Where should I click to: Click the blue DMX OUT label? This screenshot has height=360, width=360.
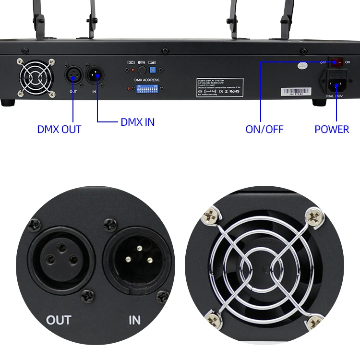(59, 129)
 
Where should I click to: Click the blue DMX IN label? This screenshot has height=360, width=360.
(138, 122)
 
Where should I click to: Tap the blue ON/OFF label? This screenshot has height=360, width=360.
(264, 129)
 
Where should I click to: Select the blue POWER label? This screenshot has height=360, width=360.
(332, 129)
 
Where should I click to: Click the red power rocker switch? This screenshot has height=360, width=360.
(336, 62)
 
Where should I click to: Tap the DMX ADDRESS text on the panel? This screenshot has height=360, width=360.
(147, 80)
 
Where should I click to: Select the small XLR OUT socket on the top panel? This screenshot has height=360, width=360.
(73, 75)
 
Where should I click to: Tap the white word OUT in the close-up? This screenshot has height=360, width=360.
(59, 320)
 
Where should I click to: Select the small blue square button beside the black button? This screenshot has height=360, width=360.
(153, 70)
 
